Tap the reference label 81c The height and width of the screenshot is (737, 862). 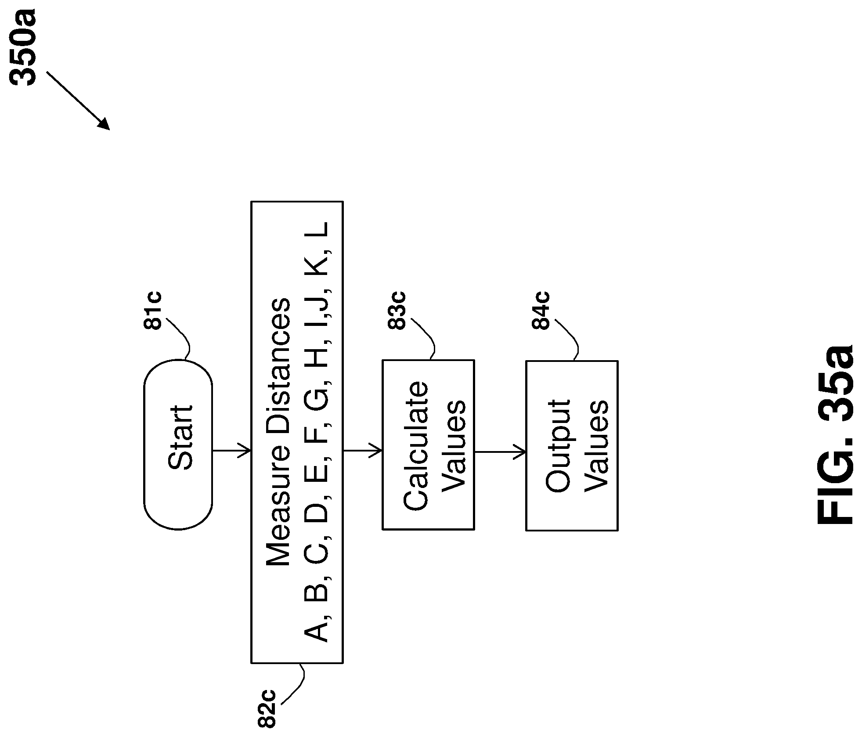(x=152, y=310)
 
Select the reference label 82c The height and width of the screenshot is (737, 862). (x=266, y=714)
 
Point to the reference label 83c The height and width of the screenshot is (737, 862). (x=397, y=310)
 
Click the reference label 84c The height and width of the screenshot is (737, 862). (x=541, y=310)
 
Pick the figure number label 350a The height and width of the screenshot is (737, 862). (x=23, y=49)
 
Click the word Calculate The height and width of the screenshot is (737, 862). (x=415, y=446)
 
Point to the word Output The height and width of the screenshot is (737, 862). (x=558, y=446)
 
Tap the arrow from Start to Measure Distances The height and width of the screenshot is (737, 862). (x=231, y=450)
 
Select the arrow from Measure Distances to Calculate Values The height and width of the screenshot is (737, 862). (x=362, y=450)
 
